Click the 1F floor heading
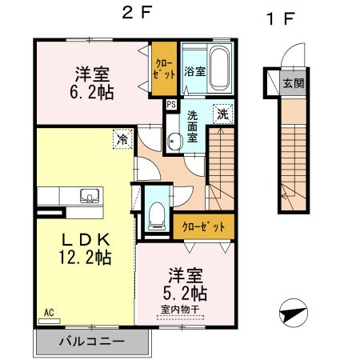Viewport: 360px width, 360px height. click(278, 18)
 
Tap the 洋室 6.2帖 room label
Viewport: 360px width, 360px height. click(94, 82)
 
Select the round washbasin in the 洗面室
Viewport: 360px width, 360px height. click(174, 141)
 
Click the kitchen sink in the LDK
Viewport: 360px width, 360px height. click(88, 196)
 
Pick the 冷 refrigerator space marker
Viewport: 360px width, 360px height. click(122, 141)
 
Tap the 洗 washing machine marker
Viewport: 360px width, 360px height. click(226, 114)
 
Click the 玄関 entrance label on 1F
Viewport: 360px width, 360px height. click(293, 82)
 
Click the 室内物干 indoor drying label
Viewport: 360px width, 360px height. click(185, 310)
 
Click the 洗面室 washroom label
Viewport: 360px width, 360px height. click(193, 126)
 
